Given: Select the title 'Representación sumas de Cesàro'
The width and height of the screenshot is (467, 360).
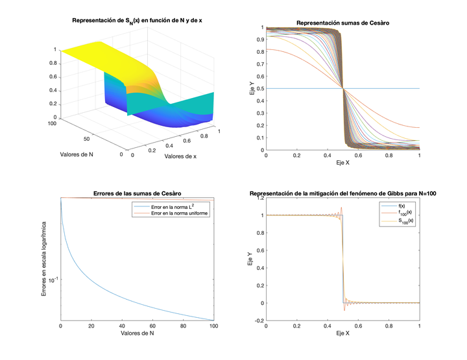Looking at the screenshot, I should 343,23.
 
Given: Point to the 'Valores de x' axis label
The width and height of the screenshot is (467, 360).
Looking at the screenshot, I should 186,156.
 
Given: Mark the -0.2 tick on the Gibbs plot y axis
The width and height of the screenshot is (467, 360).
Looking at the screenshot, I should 258,320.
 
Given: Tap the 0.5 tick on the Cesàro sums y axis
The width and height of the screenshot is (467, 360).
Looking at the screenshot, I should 259,89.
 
